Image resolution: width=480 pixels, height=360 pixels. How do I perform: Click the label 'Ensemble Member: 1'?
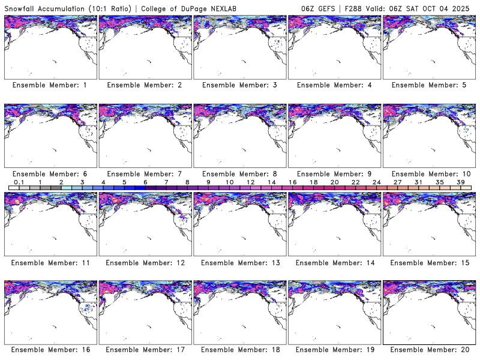(50, 85)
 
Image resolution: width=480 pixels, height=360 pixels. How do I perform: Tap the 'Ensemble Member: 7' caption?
(145, 173)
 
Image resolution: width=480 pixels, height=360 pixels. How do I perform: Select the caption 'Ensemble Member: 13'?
(239, 262)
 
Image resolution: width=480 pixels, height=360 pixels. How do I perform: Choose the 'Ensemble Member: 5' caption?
(428, 85)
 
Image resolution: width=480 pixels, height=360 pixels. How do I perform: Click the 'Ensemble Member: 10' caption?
(428, 173)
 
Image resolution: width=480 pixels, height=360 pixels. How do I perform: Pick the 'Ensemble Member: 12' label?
(145, 262)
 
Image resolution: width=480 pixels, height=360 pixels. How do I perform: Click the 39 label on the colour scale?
(460, 182)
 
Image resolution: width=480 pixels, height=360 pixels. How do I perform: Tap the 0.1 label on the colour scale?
(19, 182)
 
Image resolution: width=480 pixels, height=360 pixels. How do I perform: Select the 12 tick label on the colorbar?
(250, 182)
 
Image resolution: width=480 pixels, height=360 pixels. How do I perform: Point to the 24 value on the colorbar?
(376, 182)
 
